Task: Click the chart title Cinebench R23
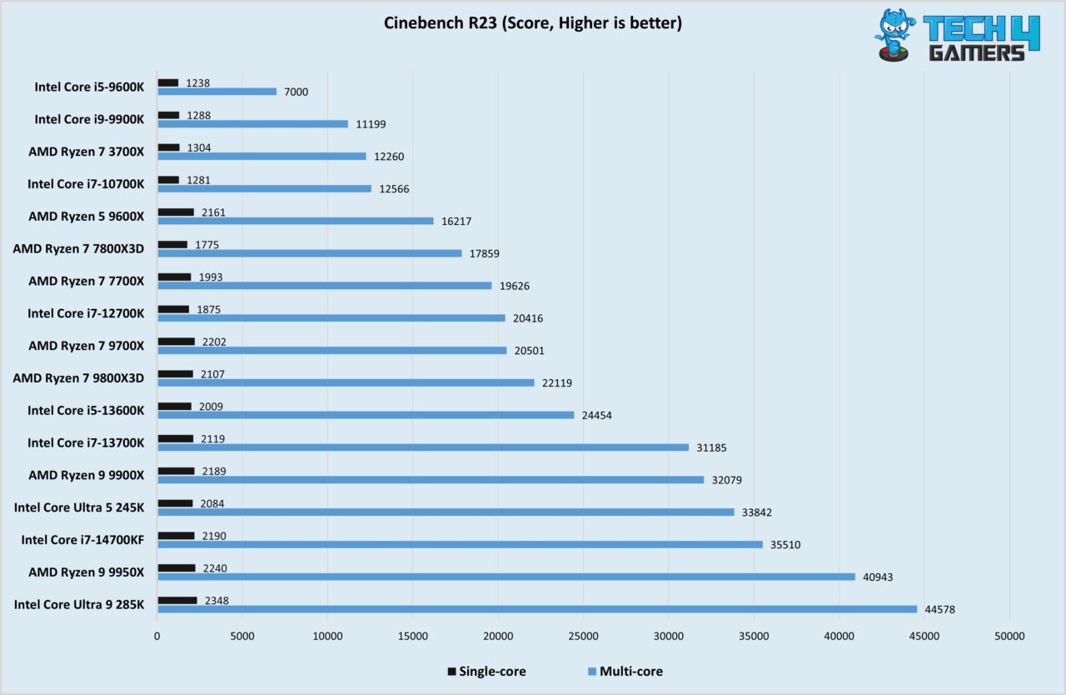(x=532, y=23)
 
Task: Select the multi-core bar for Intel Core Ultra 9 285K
(x=537, y=609)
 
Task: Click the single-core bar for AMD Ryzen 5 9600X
(x=176, y=212)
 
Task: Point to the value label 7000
(x=296, y=92)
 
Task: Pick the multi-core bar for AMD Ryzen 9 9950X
(x=506, y=577)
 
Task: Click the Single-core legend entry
(x=487, y=671)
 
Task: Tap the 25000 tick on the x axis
(x=583, y=637)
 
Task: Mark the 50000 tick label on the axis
(x=1009, y=637)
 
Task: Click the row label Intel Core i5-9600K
(x=89, y=87)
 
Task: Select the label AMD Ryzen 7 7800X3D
(x=78, y=248)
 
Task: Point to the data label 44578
(x=939, y=609)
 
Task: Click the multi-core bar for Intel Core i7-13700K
(x=423, y=447)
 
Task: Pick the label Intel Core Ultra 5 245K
(x=79, y=507)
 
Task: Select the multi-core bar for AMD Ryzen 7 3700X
(x=262, y=156)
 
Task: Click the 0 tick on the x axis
(x=157, y=637)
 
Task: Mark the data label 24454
(x=595, y=415)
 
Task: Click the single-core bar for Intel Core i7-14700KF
(x=176, y=536)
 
